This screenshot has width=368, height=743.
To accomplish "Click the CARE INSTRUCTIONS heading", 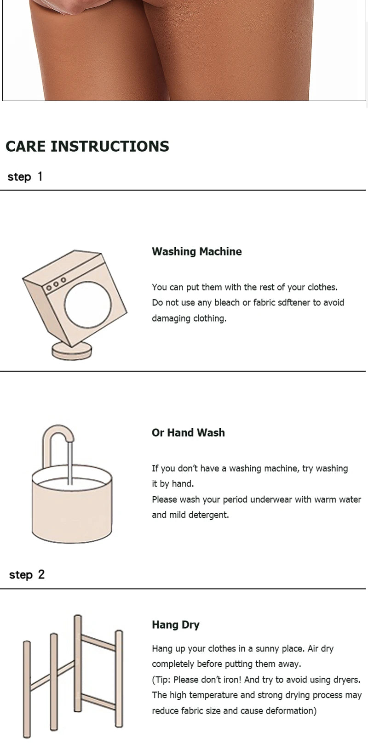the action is click(x=87, y=146).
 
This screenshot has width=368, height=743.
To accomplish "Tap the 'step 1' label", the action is click(x=25, y=176).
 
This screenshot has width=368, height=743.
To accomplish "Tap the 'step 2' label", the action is click(x=27, y=574).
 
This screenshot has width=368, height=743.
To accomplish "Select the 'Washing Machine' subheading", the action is click(x=196, y=251).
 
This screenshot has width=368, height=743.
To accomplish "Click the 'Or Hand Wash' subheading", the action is click(x=188, y=432).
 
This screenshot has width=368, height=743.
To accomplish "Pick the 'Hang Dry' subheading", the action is click(x=176, y=625).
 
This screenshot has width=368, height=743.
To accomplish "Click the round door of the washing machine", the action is click(x=88, y=305).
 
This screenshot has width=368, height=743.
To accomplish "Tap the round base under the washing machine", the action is click(x=72, y=352).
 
